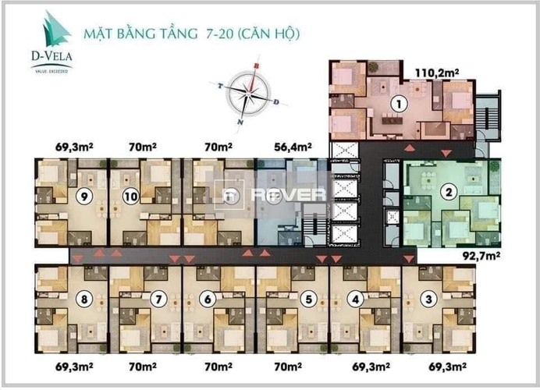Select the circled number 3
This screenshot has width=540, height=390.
pyautogui.click(x=428, y=298)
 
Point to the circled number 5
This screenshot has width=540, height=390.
pyautogui.click(x=309, y=298)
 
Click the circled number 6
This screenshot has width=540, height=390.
pyautogui.click(x=207, y=298)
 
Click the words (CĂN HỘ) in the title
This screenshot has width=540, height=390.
pyautogui.click(x=269, y=34)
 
